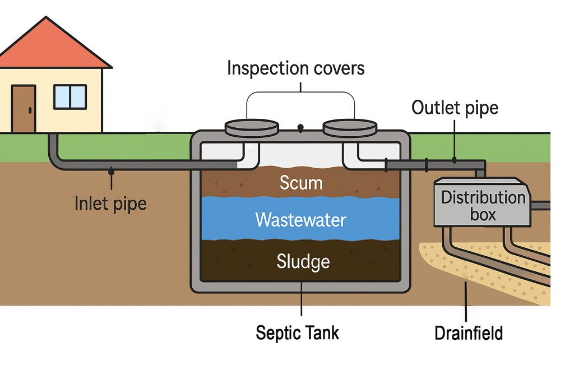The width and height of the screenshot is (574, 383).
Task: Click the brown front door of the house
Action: pos(23,109)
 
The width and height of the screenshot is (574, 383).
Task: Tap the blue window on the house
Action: pos(70,97)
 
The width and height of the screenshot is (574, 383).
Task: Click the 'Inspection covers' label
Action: pos(295,68)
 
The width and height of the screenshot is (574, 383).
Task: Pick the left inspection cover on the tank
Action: pos(251,128)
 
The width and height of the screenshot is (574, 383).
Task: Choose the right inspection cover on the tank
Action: pos(350,128)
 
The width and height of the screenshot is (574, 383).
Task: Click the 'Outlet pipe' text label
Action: pos(455,108)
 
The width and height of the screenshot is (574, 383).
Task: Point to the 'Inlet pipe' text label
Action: pos(110,203)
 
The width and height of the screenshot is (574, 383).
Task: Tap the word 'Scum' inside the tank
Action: pos(301,183)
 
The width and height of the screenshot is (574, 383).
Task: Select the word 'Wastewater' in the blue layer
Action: pos(301,219)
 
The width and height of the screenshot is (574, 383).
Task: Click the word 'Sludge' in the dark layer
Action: pos(303,261)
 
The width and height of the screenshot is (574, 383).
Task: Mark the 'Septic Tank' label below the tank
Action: pos(297,333)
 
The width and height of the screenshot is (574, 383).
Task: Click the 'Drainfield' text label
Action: pos(469,333)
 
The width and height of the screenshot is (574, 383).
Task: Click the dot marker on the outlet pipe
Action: pos(455,161)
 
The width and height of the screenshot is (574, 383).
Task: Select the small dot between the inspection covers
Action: pos(301,128)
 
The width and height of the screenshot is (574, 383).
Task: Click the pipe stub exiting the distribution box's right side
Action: pos(540,206)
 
